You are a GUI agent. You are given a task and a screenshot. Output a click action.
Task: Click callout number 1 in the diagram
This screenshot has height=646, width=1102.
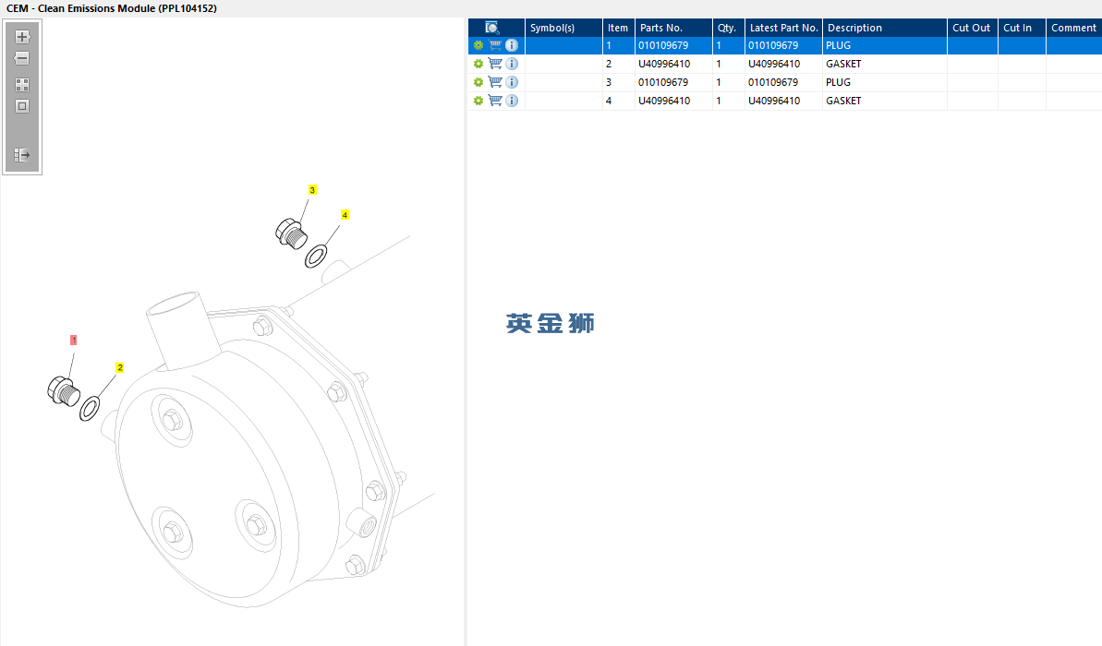(73, 340)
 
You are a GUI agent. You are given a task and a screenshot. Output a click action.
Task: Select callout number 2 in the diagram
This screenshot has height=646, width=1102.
(119, 367)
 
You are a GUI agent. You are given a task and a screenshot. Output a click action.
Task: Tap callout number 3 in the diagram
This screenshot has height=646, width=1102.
(312, 189)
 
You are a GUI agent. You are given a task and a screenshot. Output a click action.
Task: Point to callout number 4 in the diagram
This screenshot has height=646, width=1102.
(345, 215)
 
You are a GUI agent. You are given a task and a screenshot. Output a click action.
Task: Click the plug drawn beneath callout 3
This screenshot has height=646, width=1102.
(291, 233)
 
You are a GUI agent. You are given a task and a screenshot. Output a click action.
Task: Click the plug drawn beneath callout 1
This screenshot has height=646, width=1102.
(63, 391)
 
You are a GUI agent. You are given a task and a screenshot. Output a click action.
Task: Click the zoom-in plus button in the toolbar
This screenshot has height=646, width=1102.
(22, 37)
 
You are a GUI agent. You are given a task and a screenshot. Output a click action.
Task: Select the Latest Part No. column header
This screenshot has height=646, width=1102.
(783, 28)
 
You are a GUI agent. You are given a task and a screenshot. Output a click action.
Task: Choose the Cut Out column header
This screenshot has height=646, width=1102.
(971, 28)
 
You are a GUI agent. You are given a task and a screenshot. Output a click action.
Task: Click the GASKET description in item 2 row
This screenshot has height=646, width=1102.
(843, 64)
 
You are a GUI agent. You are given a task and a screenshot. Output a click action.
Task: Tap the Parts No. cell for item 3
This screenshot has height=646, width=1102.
(662, 82)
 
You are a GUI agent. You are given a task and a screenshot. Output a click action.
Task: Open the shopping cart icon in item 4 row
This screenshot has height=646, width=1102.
(495, 101)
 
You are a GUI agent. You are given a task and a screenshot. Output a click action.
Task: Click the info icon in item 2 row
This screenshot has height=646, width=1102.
(512, 64)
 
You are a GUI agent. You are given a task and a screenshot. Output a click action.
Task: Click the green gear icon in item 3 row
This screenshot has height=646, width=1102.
(478, 82)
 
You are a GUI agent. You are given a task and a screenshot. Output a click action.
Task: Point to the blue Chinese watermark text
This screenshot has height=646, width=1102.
(551, 323)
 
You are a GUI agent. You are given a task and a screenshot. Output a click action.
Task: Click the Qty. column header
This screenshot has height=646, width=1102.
(727, 28)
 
